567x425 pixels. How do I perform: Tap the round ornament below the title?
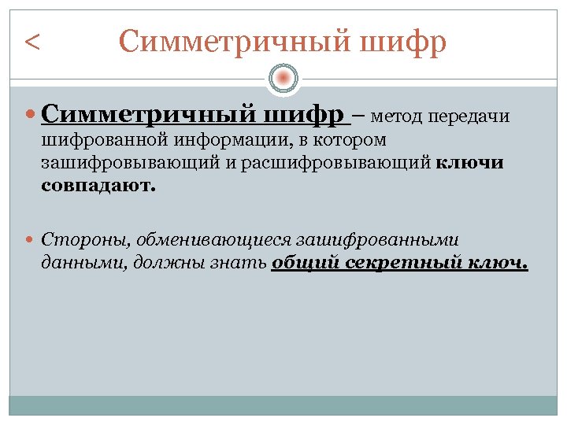tap(283, 77)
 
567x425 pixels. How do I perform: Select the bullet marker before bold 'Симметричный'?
tap(31, 116)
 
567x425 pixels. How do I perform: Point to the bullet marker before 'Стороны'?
tap(31, 238)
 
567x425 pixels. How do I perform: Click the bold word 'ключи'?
tap(469, 164)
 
